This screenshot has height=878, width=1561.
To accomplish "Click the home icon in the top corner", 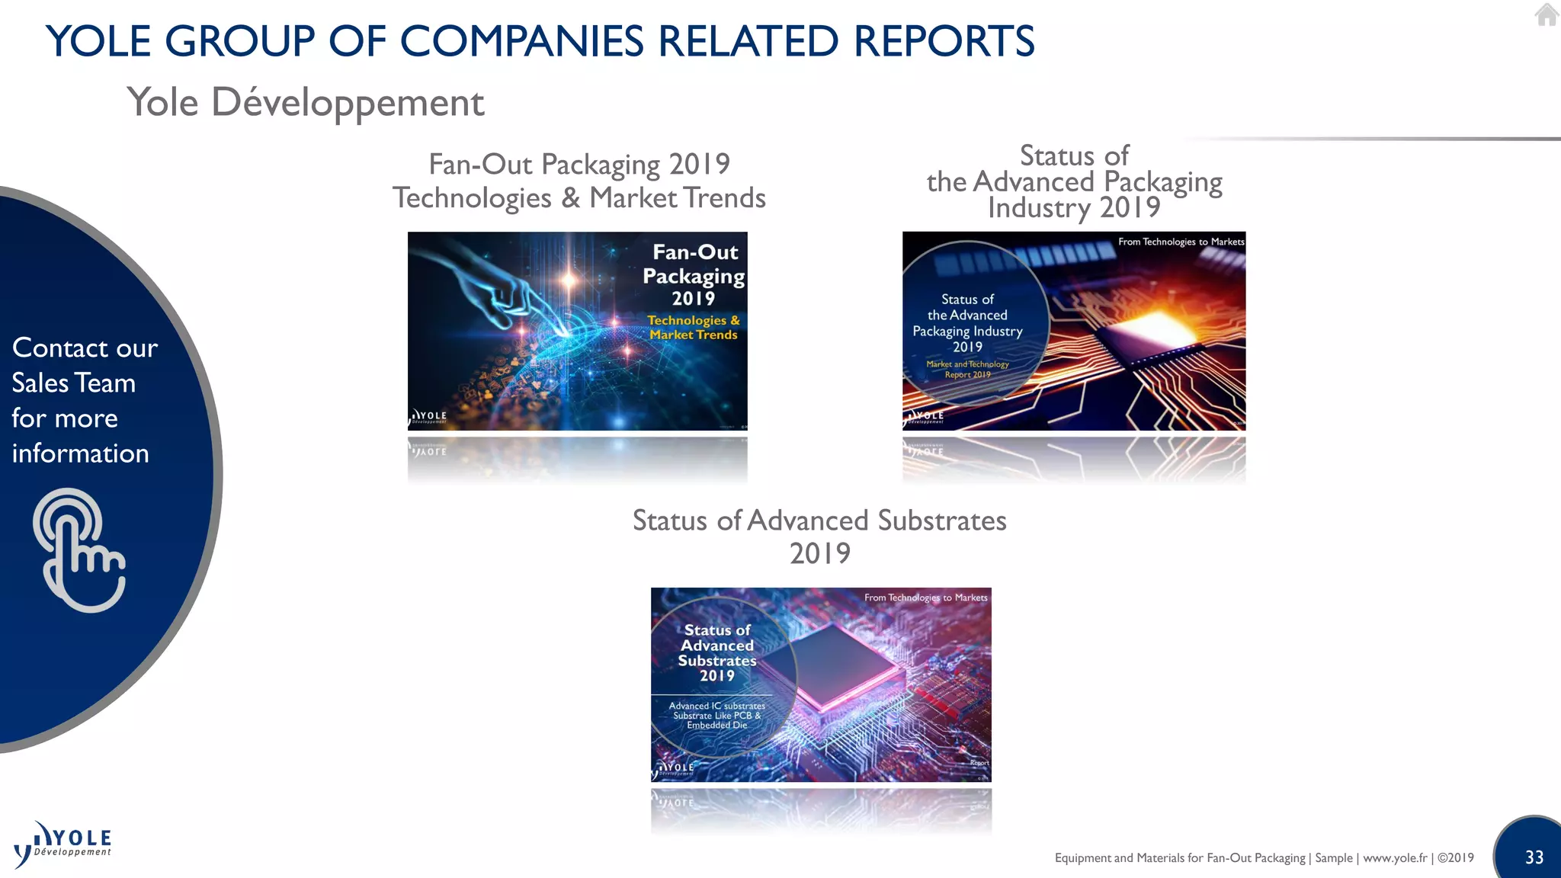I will tap(1547, 14).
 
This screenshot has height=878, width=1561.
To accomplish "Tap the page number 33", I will tap(1534, 857).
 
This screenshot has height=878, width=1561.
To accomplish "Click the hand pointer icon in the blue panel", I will tap(79, 550).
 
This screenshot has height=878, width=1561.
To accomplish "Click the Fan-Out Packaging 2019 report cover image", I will tap(577, 331).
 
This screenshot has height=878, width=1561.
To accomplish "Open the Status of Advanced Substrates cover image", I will tap(821, 684).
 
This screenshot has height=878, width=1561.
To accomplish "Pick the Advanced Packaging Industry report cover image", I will tap(1073, 331).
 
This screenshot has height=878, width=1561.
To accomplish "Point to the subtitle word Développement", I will tap(348, 102).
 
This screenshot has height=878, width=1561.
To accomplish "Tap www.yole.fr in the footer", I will tap(1395, 857).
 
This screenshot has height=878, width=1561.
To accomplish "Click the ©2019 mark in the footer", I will tap(1455, 857).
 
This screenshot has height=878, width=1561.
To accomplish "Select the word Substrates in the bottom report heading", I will tap(942, 521).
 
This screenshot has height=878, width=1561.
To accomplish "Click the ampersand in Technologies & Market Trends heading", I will tap(570, 198).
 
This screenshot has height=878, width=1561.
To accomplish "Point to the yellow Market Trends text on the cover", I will tap(694, 335).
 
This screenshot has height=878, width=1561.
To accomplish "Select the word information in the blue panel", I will tap(80, 453).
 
